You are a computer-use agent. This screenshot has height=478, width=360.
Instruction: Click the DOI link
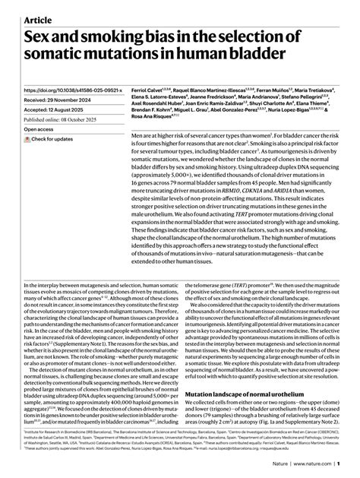coord(71,90)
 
